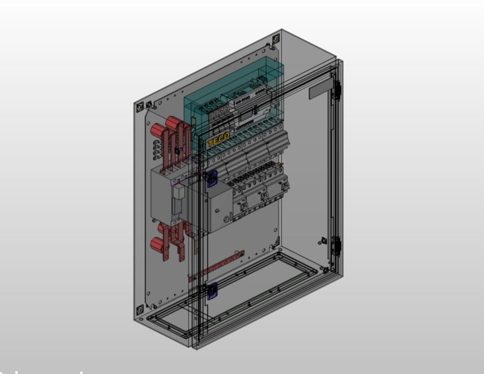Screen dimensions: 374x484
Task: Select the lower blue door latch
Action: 211,289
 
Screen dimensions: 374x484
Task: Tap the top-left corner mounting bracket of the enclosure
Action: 140,106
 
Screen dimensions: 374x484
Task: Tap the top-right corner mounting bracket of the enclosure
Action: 276,40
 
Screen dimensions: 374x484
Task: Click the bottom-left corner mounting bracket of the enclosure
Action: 140,309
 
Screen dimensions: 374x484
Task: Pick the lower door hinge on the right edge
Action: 336,246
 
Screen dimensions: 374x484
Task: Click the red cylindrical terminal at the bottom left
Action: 157,245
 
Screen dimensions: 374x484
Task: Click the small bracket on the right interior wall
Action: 322,240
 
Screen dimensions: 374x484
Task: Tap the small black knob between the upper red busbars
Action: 177,150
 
